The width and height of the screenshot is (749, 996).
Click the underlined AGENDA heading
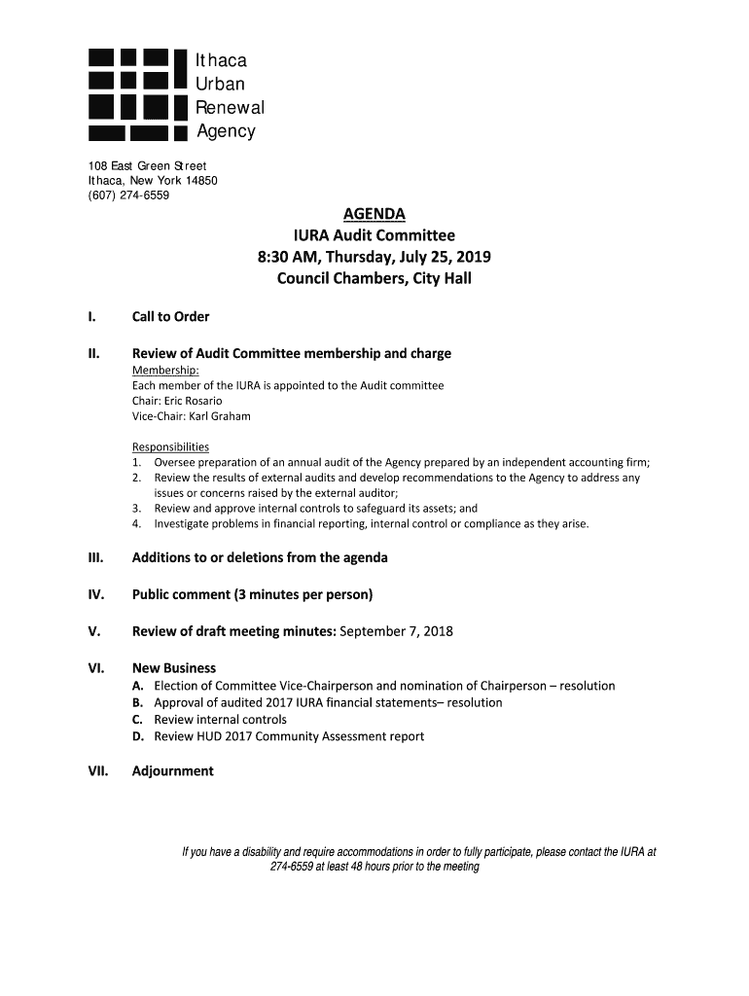(374, 214)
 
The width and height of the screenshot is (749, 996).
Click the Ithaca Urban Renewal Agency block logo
(136, 94)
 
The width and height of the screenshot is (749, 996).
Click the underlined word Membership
(165, 371)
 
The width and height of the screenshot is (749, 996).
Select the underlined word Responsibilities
(170, 446)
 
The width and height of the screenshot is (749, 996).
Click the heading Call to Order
(170, 317)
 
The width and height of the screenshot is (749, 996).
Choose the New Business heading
(174, 668)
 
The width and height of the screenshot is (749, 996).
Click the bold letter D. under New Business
(138, 736)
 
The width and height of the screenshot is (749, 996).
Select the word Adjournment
(172, 771)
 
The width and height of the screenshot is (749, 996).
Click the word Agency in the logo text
(226, 131)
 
